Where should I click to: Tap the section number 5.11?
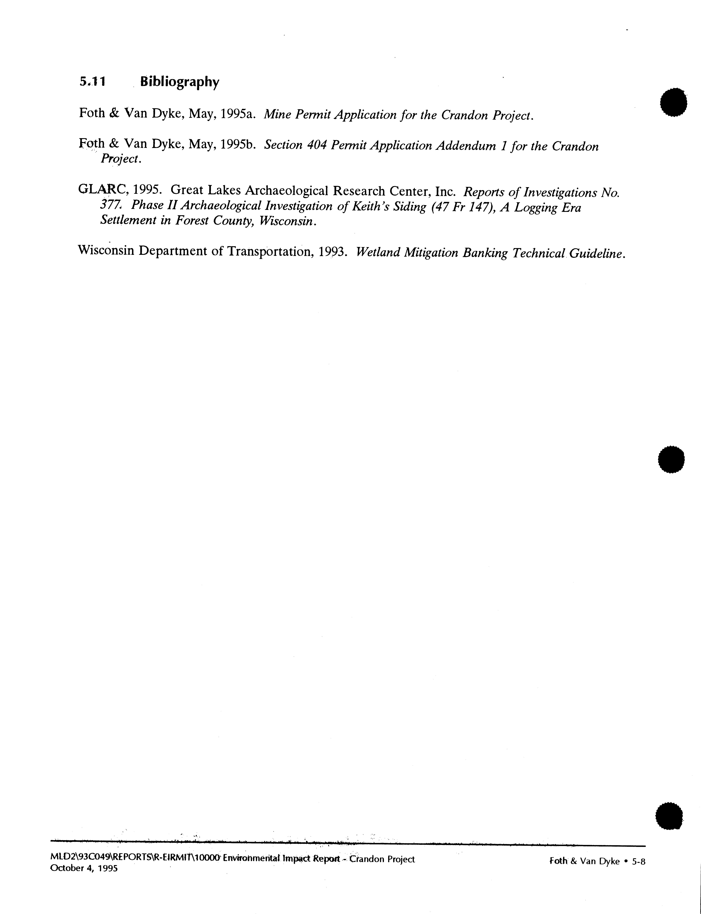92,82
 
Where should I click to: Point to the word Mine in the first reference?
277,114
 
